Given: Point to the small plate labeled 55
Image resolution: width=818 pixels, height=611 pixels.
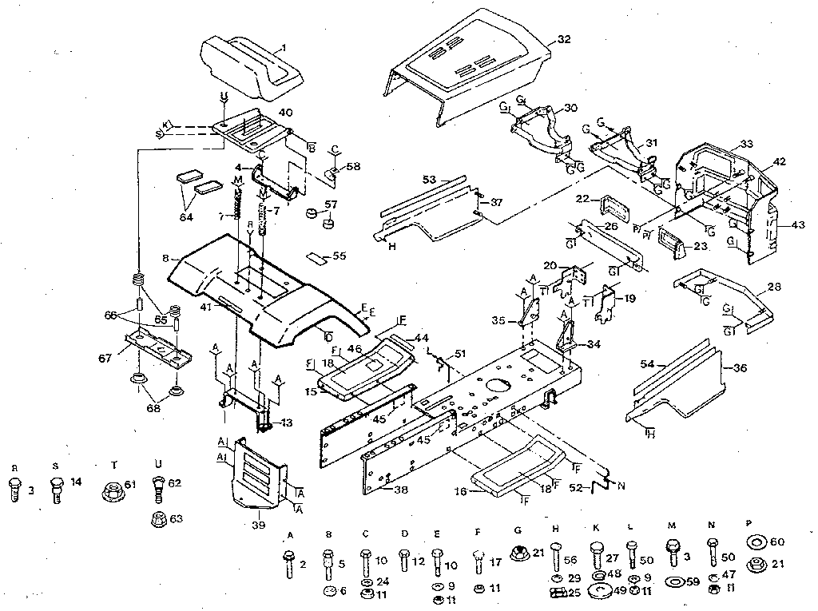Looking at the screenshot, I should click(x=317, y=257).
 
